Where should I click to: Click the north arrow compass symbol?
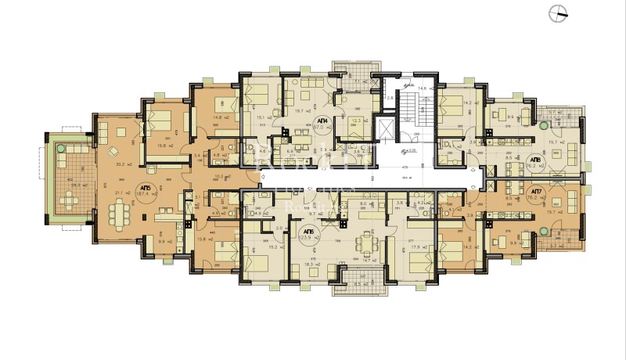(x=561, y=11)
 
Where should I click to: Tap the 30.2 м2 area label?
(x=122, y=164)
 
